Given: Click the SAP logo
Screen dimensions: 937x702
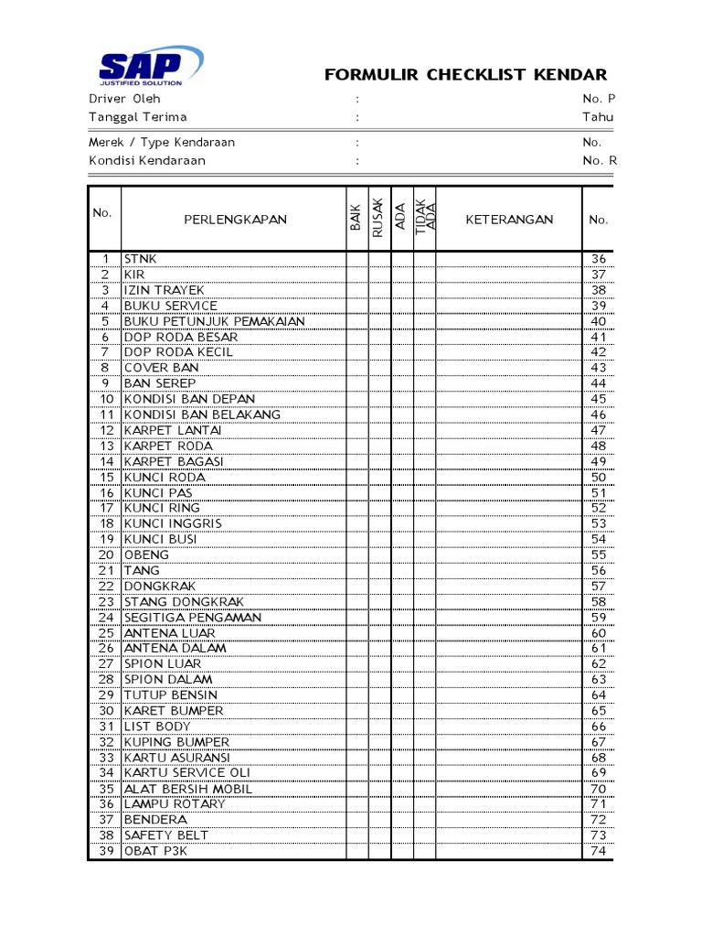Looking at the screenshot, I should [x=151, y=66].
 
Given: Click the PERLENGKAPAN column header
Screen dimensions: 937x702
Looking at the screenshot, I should [x=235, y=220].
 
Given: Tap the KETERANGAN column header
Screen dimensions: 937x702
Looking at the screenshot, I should [x=509, y=220].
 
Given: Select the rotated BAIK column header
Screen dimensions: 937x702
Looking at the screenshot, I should [x=356, y=220].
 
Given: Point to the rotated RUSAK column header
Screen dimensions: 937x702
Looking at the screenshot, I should [x=378, y=220].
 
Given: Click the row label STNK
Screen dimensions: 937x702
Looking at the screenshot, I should [x=141, y=259].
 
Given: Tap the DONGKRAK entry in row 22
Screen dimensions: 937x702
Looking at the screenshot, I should [x=160, y=586].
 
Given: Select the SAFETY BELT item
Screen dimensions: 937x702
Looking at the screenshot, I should [x=166, y=835].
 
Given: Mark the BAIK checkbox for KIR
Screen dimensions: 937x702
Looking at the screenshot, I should [x=356, y=275].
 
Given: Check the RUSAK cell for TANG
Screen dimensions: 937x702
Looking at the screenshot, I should [x=378, y=570].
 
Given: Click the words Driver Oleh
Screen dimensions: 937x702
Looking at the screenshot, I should [x=124, y=98].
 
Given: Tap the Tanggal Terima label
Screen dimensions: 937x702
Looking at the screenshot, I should [x=137, y=117].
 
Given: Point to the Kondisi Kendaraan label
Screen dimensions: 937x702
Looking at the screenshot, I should [x=146, y=160].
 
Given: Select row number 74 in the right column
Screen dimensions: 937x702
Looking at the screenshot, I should [x=599, y=851].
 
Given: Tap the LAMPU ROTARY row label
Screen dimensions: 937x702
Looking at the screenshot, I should [x=175, y=804].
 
